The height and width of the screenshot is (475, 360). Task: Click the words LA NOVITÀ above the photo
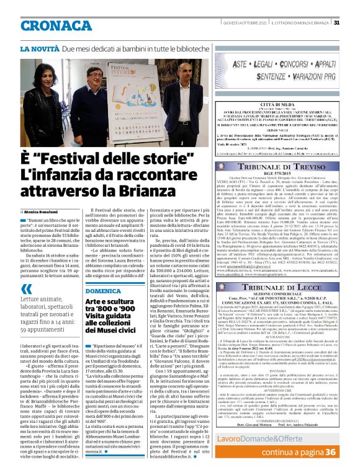(x=39, y=48)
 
